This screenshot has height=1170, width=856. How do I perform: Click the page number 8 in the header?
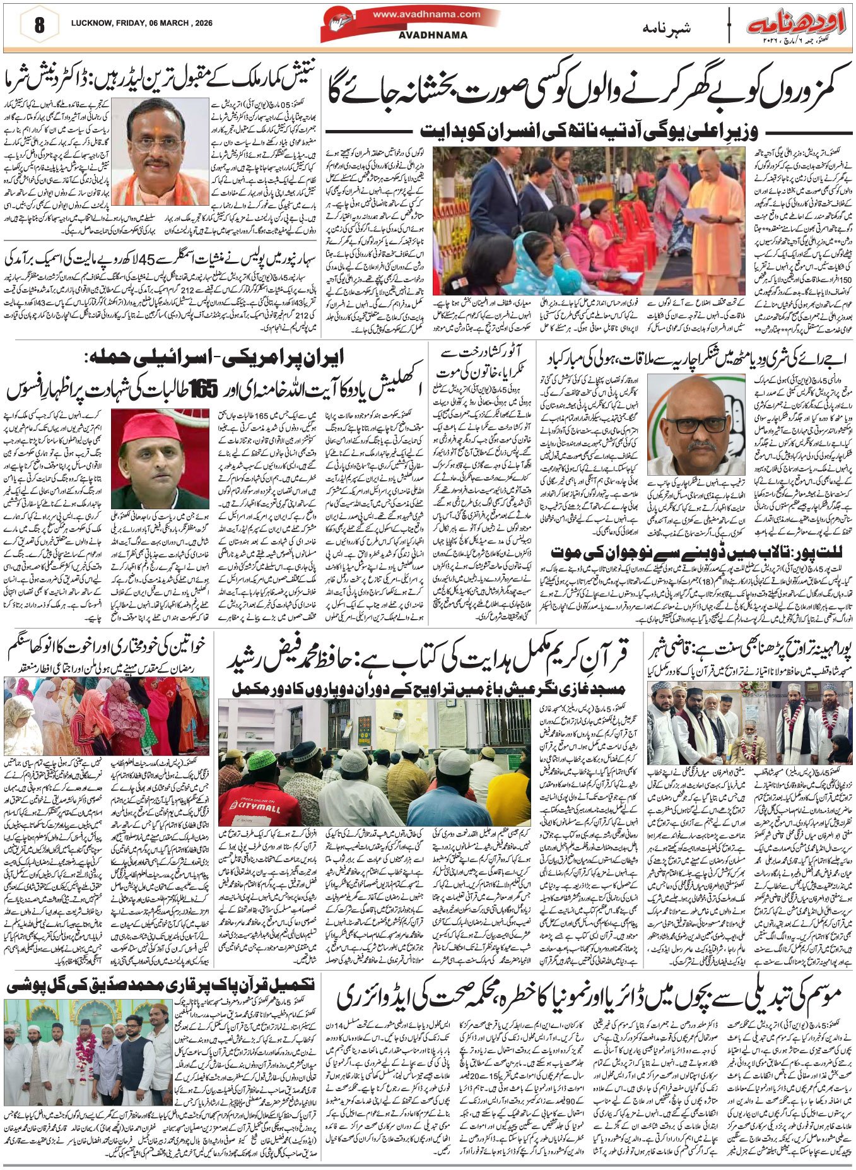[x=40, y=25]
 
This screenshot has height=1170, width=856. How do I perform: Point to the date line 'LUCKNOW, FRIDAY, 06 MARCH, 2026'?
[x=141, y=23]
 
